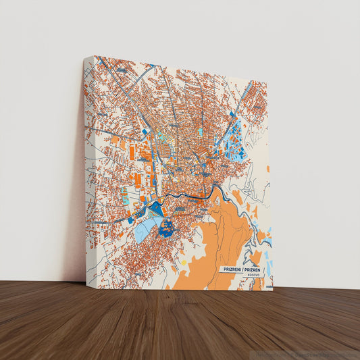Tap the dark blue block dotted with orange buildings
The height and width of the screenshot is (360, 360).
166,228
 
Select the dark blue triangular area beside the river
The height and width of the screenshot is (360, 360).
155,208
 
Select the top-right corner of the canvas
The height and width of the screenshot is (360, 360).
267,81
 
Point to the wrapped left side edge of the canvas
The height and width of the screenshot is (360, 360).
88,169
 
